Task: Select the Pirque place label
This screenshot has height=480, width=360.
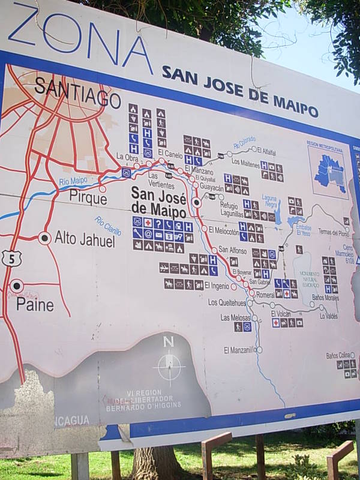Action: [88, 196]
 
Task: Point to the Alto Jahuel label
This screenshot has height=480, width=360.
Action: [85, 239]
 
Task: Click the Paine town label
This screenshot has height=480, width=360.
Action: [35, 305]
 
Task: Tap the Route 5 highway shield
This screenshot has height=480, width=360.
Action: [11, 259]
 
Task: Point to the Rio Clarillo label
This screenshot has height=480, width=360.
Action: [107, 226]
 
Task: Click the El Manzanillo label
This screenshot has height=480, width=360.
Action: [239, 350]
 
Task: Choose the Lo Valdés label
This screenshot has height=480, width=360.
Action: [328, 316]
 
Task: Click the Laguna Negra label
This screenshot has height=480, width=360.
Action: [269, 200]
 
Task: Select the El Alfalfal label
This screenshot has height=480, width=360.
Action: [266, 152]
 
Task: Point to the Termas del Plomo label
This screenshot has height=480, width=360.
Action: [333, 232]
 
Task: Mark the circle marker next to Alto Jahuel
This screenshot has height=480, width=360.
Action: [44, 238]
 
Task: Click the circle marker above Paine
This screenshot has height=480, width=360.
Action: [17, 286]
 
